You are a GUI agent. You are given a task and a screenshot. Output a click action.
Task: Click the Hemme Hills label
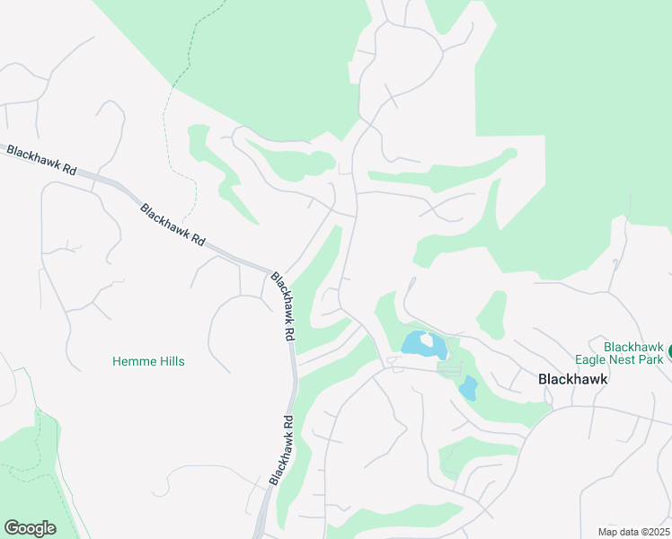point(148,361)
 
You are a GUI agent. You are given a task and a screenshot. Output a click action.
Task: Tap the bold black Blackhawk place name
point(572,379)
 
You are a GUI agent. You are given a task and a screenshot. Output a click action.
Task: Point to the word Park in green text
point(654,359)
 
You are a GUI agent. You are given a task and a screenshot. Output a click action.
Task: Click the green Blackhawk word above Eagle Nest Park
point(632,347)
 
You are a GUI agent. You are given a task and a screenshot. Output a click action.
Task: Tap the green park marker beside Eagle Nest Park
point(669,358)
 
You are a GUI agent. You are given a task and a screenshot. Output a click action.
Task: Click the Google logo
point(30,527)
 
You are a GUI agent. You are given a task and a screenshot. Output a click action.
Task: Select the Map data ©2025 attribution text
point(632,531)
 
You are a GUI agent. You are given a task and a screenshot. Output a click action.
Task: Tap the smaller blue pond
point(468,388)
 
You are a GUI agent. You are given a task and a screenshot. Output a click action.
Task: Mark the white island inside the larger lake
point(427,340)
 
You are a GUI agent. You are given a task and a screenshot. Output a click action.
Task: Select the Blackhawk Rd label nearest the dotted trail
point(173,225)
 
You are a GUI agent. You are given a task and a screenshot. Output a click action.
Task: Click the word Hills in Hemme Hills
point(169,361)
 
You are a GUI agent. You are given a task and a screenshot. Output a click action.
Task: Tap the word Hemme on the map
point(131,361)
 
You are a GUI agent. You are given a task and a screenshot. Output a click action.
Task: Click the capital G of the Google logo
point(12,527)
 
